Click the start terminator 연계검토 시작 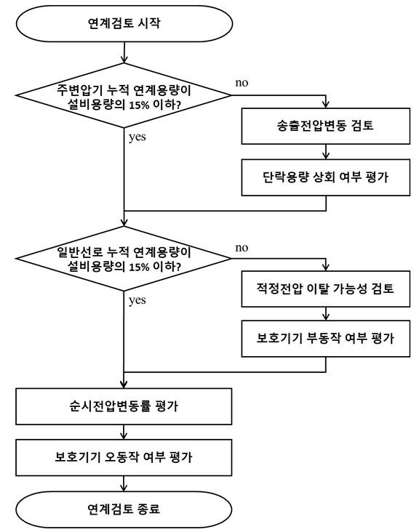(124, 24)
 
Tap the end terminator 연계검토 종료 (124, 509)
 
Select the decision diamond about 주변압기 (124, 95)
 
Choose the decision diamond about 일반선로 (124, 258)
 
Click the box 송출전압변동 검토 (326, 126)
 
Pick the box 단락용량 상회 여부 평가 (326, 177)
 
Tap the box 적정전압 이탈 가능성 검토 (326, 289)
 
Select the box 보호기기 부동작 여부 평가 (326, 339)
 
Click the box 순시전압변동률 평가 (124, 406)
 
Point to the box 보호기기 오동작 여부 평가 (124, 458)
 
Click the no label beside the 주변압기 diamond (242, 83)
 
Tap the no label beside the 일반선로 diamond (242, 248)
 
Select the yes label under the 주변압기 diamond (137, 137)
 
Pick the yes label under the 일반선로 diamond (137, 301)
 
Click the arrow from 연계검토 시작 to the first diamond (124, 52)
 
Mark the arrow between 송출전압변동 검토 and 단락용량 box (326, 152)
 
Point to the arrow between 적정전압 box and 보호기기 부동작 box (326, 314)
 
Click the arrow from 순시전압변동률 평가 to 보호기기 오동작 (124, 432)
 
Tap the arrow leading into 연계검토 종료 (124, 483)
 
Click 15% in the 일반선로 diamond (139, 267)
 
